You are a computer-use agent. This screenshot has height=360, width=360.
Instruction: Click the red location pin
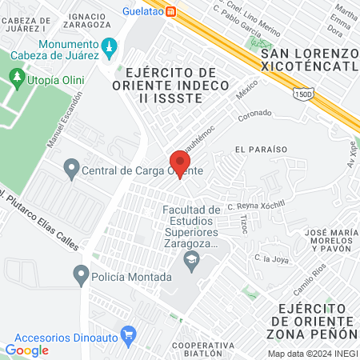coord(179,162)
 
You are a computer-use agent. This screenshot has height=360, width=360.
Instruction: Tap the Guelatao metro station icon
coord(172,11)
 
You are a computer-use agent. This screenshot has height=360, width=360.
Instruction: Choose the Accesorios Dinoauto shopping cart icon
coord(126,332)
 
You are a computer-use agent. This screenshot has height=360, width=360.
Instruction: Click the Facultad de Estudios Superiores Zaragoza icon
coord(191,258)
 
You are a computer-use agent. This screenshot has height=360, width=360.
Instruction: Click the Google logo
coord(26,350)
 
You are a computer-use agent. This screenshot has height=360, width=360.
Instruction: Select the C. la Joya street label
coord(269,258)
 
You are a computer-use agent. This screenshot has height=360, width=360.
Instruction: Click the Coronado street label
coord(255,116)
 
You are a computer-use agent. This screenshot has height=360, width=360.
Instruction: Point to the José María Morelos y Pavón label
coord(327,241)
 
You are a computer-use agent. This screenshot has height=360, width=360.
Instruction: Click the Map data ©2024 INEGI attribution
coord(311,354)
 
